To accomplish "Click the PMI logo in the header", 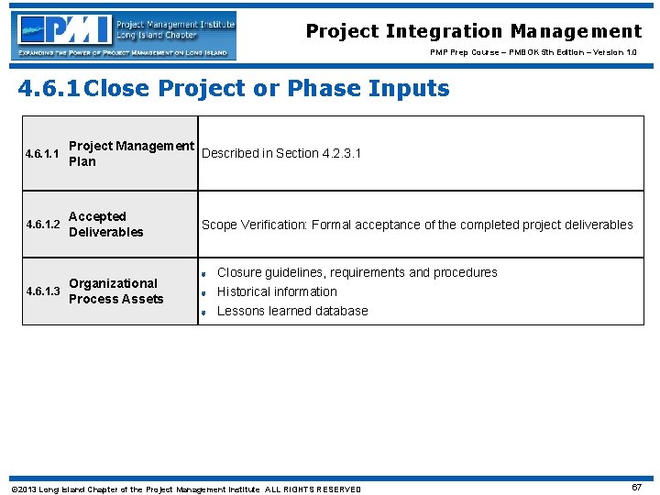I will click(125, 37).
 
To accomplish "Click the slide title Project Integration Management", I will click(474, 31).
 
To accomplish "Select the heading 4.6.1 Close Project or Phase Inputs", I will click(235, 89).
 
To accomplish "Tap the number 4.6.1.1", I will click(44, 154).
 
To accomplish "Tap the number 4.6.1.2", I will click(44, 225).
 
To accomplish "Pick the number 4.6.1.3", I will click(44, 291).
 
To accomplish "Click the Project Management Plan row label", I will click(131, 154).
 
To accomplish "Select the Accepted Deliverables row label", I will click(105, 225).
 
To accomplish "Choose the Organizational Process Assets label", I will click(115, 291).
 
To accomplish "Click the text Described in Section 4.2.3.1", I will click(281, 153).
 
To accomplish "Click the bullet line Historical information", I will click(277, 291).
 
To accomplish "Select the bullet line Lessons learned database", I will click(292, 311).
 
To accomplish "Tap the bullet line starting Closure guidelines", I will click(357, 272).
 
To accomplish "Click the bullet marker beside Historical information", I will click(203, 292).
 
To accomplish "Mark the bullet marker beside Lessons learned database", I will click(203, 312).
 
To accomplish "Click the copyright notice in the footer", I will click(185, 489).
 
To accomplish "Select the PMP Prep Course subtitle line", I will click(533, 53).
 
